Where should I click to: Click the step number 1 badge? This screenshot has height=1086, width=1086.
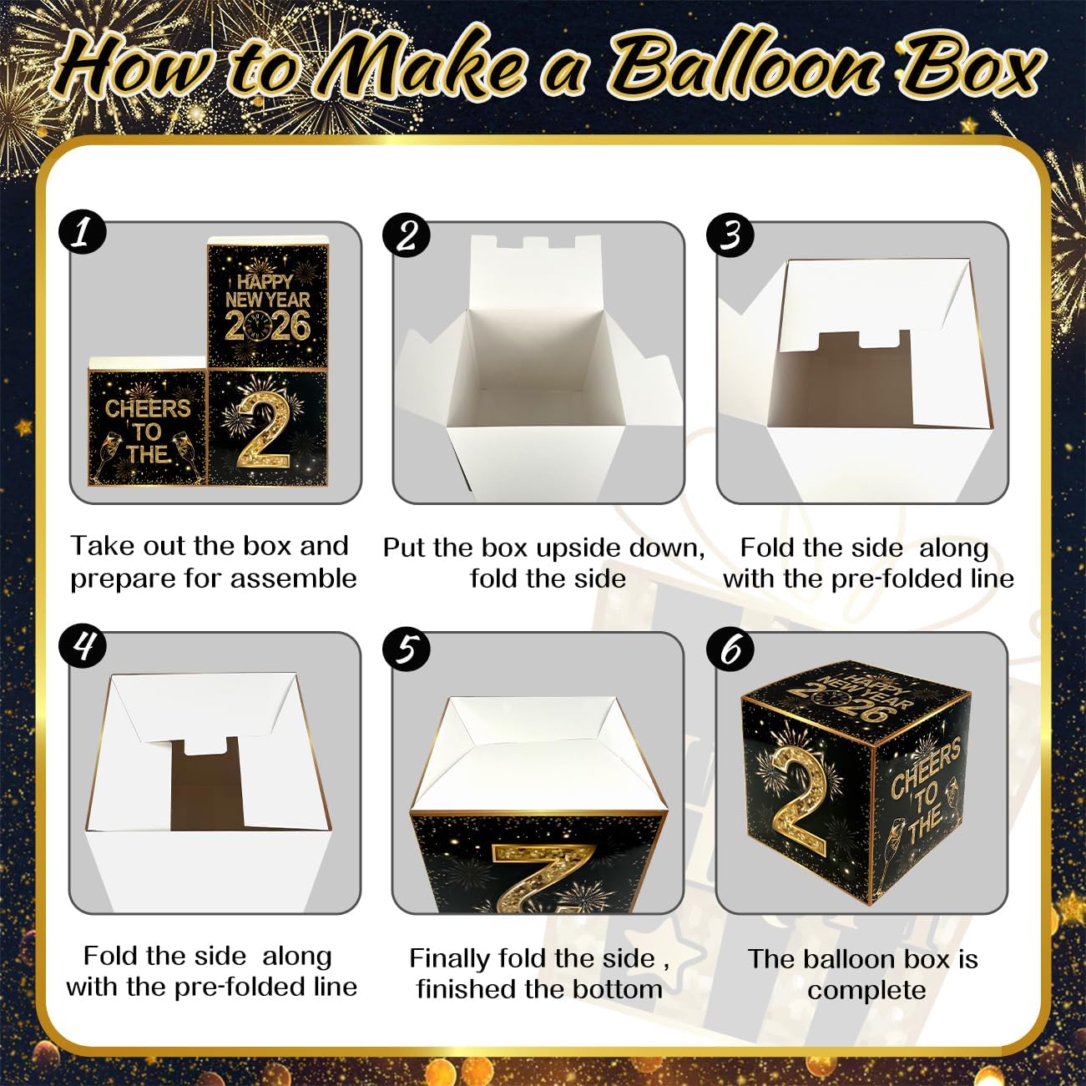pyautogui.click(x=82, y=233)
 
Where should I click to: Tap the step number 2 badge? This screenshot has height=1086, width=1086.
pyautogui.click(x=406, y=235)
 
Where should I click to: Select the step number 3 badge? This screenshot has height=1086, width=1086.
pyautogui.click(x=730, y=235)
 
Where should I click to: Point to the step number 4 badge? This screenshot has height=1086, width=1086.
pyautogui.click(x=82, y=647)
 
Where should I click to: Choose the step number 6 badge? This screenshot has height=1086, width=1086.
pyautogui.click(x=730, y=649)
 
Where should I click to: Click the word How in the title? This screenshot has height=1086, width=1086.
pyautogui.click(x=134, y=67)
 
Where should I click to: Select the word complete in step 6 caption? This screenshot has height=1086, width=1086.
pyautogui.click(x=866, y=991)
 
